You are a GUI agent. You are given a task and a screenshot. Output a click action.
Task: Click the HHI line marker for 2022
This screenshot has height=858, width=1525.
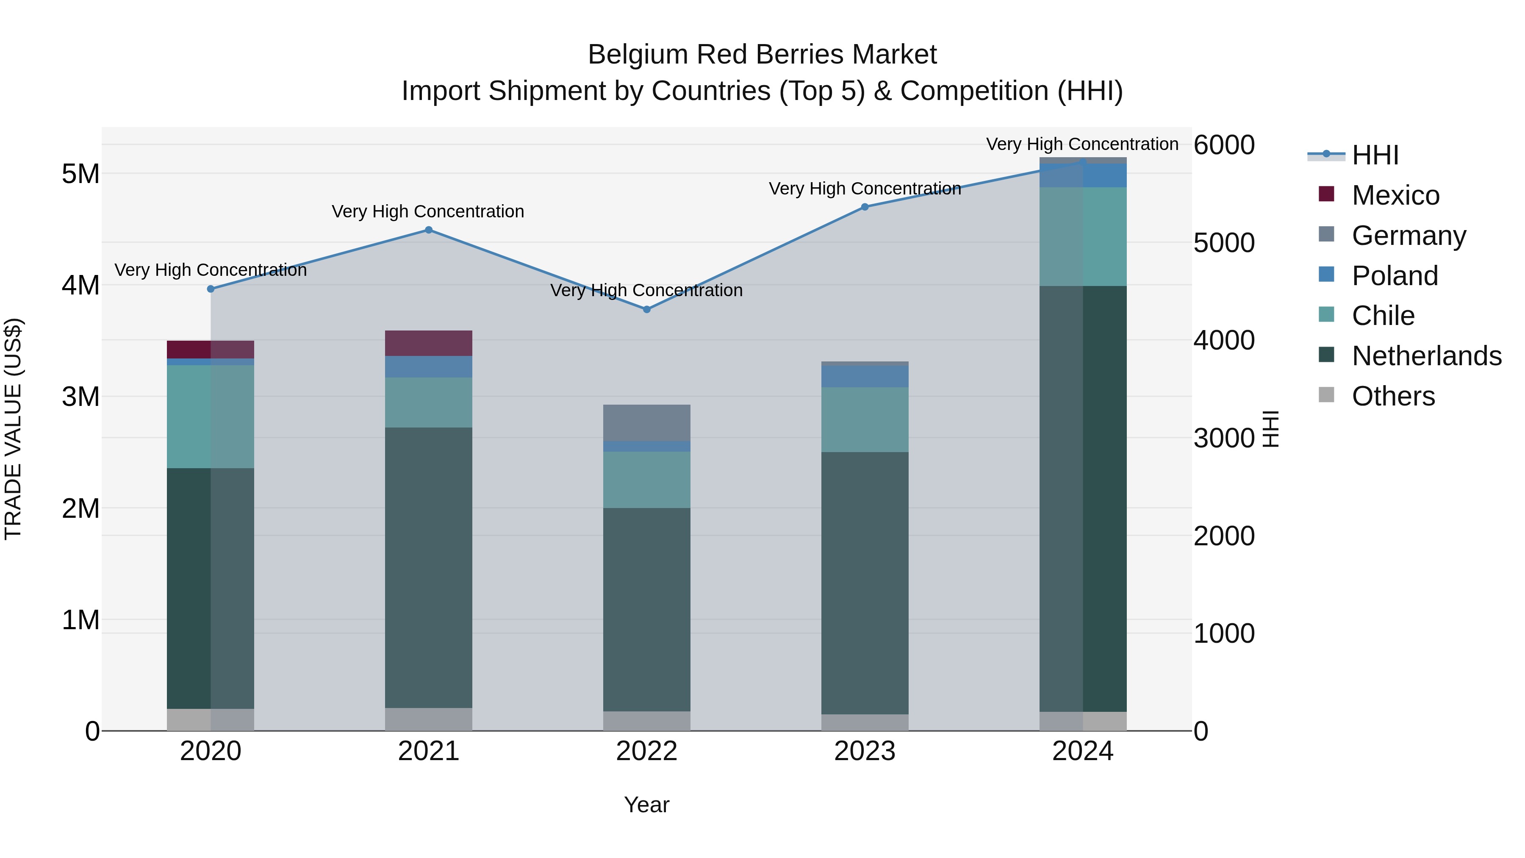(x=646, y=309)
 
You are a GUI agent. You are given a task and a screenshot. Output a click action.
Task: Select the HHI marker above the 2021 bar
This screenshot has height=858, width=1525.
(x=429, y=230)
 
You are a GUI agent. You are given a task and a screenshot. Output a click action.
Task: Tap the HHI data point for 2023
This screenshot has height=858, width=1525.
(x=864, y=207)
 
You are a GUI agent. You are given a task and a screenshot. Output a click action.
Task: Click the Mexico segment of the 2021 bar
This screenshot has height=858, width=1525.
(x=429, y=343)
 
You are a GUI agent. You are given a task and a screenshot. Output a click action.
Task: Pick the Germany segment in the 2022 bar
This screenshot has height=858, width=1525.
(x=646, y=423)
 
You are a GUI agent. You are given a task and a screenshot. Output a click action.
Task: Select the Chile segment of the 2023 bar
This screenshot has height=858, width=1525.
(x=864, y=419)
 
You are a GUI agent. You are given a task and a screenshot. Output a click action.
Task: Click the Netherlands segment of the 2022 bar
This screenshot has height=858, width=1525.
(x=646, y=610)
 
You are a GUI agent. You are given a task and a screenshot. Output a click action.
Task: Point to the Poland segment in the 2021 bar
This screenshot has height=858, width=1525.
(x=429, y=367)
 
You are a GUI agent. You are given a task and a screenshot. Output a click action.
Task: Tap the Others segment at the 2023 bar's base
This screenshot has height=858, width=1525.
(x=864, y=722)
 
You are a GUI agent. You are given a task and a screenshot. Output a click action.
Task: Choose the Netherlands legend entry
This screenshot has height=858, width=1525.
(x=1426, y=356)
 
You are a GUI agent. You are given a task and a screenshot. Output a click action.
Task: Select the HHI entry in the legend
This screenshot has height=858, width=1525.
(x=1375, y=155)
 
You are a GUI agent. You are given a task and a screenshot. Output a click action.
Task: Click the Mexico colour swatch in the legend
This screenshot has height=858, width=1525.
(x=1326, y=194)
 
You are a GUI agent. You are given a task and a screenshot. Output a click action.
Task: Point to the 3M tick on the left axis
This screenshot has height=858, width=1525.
(x=80, y=397)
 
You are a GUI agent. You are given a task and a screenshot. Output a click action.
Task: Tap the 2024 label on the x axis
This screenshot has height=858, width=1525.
(x=1082, y=751)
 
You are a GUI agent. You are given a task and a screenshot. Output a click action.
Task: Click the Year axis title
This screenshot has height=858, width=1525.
(x=646, y=805)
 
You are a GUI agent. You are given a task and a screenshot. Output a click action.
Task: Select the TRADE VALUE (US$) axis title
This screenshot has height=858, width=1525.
(x=13, y=429)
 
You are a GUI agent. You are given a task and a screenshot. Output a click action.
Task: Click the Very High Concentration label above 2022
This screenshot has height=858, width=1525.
(x=646, y=290)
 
